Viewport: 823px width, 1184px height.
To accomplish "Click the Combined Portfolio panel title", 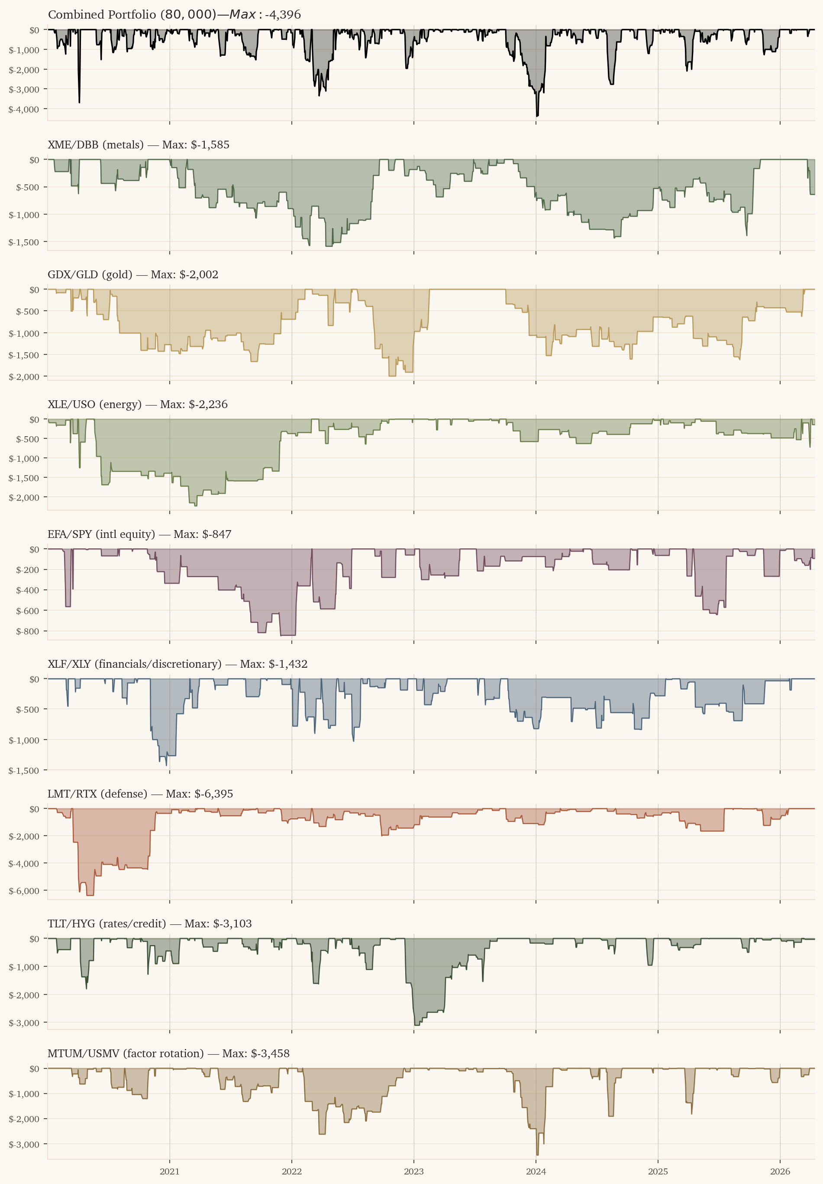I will [174, 14].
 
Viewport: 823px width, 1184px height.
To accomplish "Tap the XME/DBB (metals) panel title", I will [138, 145].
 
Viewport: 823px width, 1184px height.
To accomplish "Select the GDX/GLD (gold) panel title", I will [132, 275].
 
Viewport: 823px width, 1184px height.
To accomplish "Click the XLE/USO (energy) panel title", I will [137, 405].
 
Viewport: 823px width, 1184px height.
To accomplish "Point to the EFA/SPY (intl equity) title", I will [139, 534].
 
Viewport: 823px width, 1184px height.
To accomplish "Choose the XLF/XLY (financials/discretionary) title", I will [178, 664].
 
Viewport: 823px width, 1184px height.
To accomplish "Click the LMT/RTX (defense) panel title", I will [140, 795].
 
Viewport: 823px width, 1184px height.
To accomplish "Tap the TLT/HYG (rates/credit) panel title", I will [149, 923].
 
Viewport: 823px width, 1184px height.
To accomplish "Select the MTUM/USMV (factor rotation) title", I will [168, 1054].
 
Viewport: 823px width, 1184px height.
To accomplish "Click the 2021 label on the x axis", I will [170, 1171].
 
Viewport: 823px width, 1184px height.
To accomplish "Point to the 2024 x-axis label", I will [536, 1171].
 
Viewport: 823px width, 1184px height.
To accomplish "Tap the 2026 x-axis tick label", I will [780, 1171].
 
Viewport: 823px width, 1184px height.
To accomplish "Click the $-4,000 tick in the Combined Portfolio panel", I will [24, 109].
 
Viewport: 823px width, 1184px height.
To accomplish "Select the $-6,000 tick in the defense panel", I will [24, 891].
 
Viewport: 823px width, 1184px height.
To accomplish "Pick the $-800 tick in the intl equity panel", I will [27, 631].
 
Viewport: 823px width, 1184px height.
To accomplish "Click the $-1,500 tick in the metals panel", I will [24, 242].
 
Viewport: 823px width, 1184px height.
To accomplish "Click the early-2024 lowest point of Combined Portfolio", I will [537, 116].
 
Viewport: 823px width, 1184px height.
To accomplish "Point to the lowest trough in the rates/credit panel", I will [416, 1025].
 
